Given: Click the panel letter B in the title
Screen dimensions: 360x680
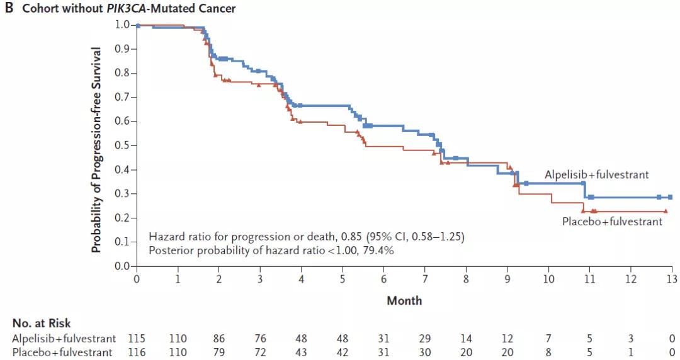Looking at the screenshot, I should pyautogui.click(x=9, y=9).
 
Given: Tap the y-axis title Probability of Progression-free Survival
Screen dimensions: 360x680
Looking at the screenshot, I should pyautogui.click(x=96, y=149).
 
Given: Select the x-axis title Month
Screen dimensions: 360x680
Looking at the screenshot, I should pyautogui.click(x=404, y=300).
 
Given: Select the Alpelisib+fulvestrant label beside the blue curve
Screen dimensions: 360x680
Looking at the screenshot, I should pyautogui.click(x=597, y=175).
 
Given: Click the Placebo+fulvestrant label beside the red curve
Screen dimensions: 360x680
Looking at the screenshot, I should pyautogui.click(x=612, y=222).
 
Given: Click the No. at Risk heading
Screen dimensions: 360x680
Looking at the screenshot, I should pyautogui.click(x=42, y=323).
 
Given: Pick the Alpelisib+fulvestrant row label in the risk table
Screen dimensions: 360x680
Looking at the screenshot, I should pyautogui.click(x=63, y=338).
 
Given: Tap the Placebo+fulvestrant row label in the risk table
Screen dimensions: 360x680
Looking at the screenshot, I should pyautogui.click(x=63, y=352).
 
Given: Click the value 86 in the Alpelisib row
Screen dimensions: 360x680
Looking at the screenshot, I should pyautogui.click(x=218, y=338).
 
